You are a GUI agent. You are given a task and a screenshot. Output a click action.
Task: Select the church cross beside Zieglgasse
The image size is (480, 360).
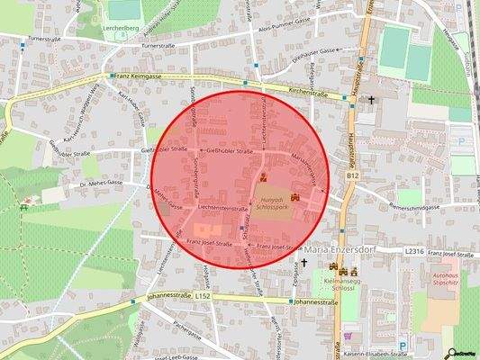[x=303, y=263]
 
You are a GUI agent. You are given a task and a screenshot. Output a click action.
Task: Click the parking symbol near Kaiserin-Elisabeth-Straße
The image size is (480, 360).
[x=403, y=343]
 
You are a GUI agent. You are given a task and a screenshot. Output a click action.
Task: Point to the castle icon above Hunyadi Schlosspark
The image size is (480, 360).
[x=263, y=176]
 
